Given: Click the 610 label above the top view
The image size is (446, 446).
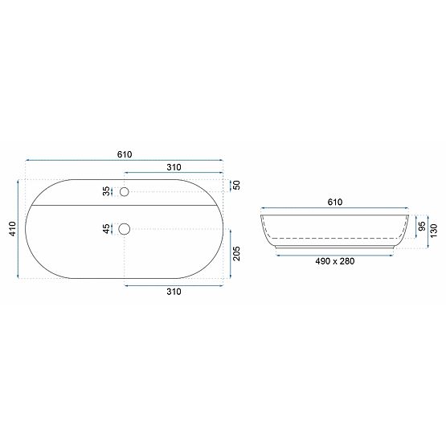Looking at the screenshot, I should pyautogui.click(x=125, y=154).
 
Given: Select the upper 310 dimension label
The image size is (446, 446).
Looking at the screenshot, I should pyautogui.click(x=174, y=166).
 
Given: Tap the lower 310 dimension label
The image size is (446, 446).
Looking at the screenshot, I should pyautogui.click(x=174, y=292).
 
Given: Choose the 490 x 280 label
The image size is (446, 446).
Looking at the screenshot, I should pyautogui.click(x=334, y=260).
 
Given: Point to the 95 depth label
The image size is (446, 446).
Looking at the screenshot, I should pyautogui.click(x=421, y=227).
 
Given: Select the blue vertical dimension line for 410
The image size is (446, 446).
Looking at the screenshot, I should pyautogui.click(x=18, y=229).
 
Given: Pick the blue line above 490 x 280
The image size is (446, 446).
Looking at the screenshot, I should pyautogui.click(x=334, y=252).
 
